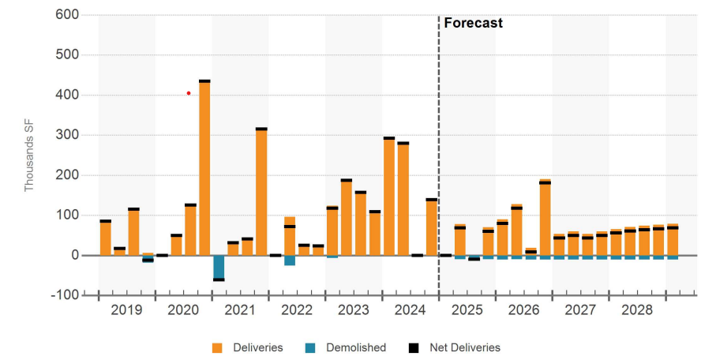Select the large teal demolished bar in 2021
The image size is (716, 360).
(x=219, y=268)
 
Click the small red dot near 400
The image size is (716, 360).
(x=189, y=93)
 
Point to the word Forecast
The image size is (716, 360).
(x=473, y=24)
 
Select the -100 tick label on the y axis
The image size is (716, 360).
(x=65, y=295)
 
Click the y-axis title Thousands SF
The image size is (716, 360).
(x=29, y=156)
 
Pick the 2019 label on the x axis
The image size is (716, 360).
(x=126, y=310)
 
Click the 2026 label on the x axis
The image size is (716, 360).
(x=524, y=310)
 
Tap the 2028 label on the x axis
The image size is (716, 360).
(x=638, y=310)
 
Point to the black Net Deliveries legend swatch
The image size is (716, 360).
(x=412, y=347)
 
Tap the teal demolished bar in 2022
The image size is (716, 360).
(x=290, y=261)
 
